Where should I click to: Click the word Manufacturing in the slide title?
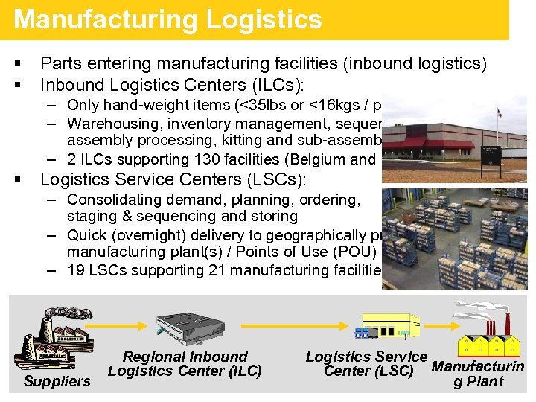[105, 19]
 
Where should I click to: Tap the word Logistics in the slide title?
[264, 19]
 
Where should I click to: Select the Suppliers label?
[57, 381]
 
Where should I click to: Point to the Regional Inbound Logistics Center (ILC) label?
[185, 364]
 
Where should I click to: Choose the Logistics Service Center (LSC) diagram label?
[366, 364]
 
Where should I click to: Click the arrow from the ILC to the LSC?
[286, 333]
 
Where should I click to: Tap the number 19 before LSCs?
[76, 270]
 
